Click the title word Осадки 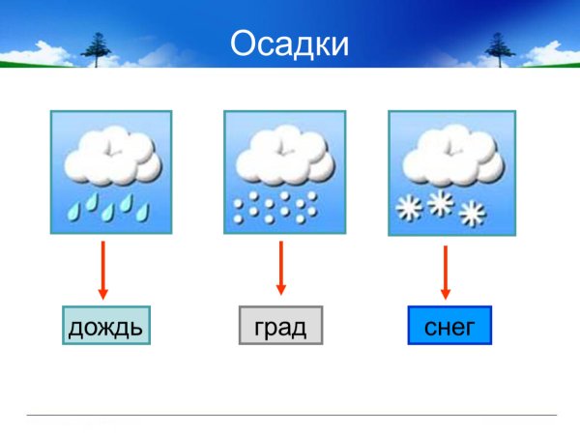[x=289, y=44]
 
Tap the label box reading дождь [x=105, y=327]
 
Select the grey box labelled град [x=280, y=327]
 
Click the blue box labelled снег [x=449, y=327]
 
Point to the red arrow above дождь [x=103, y=270]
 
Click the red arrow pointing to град [x=281, y=268]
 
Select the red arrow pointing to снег [x=446, y=272]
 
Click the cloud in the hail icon [x=279, y=157]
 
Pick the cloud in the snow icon [x=444, y=157]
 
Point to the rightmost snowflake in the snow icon [x=472, y=214]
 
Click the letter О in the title [x=246, y=44]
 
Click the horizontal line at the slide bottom [x=290, y=416]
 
